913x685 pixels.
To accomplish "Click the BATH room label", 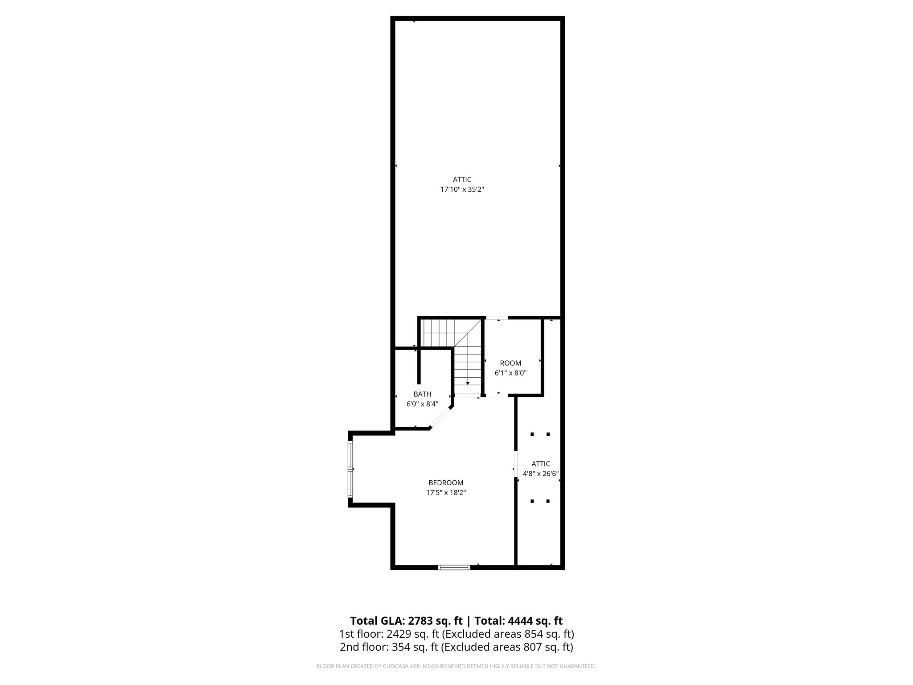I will tap(422, 394).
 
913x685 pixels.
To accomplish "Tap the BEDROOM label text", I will tap(446, 483).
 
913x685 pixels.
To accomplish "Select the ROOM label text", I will tap(510, 363).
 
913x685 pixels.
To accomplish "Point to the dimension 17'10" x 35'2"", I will tap(462, 190).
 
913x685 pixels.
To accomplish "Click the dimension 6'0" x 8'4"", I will tap(422, 404).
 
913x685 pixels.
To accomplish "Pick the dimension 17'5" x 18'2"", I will tap(446, 493).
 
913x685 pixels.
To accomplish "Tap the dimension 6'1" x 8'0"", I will tap(510, 373).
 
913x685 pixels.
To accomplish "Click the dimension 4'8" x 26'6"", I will tap(541, 474).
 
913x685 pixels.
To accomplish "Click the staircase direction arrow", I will tap(467, 383).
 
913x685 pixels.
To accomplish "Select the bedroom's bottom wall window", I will tap(454, 567).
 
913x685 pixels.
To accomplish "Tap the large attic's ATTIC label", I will tap(462, 179).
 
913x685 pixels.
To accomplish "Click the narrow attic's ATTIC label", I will tap(541, 464).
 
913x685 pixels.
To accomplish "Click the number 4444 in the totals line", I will tap(520, 621).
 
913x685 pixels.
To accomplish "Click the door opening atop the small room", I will tap(497, 318).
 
